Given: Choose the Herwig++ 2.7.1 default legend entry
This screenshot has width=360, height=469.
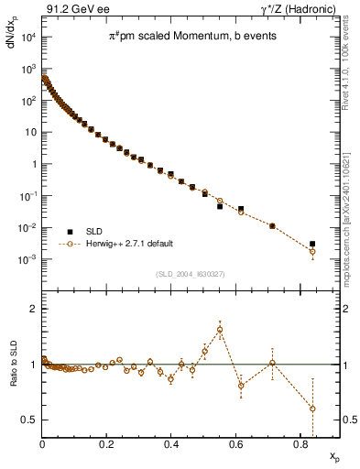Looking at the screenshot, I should pyautogui.click(x=128, y=245).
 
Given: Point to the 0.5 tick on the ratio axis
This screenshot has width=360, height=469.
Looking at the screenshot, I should pyautogui.click(x=29, y=420).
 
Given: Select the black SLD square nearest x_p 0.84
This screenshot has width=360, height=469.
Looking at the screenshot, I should pyautogui.click(x=312, y=244).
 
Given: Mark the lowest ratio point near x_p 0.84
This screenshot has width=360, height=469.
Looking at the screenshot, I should pyautogui.click(x=312, y=409).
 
